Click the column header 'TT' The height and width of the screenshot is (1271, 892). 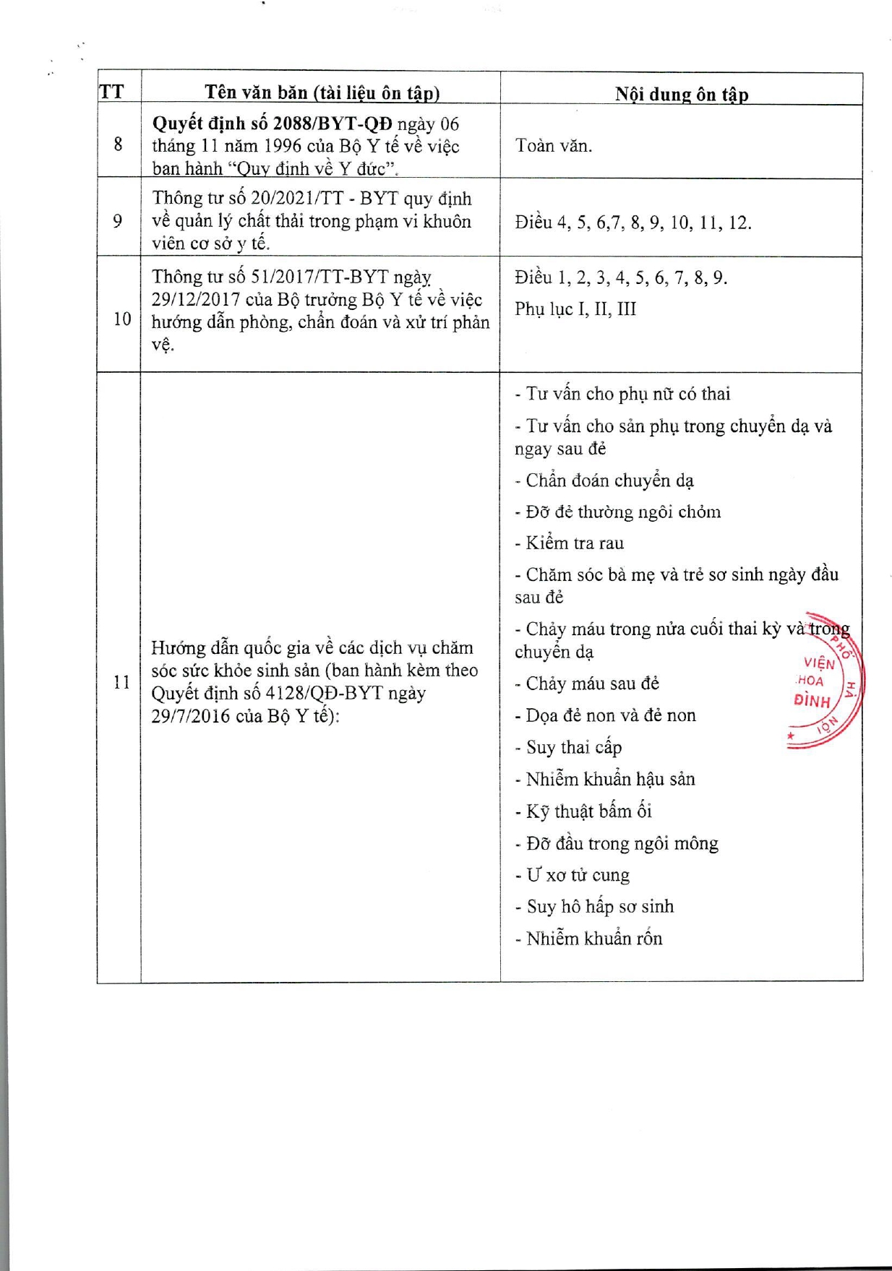111,92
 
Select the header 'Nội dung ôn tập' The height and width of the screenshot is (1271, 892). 681,94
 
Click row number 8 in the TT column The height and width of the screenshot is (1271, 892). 118,145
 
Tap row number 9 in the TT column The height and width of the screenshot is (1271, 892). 118,220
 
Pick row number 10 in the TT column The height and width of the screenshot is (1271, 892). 121,319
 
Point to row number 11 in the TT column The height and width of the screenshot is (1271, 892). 121,681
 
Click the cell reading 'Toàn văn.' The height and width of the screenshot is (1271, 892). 554,146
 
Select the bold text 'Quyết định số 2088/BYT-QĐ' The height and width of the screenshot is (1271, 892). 272,124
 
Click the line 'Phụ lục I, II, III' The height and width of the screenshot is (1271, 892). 575,309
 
